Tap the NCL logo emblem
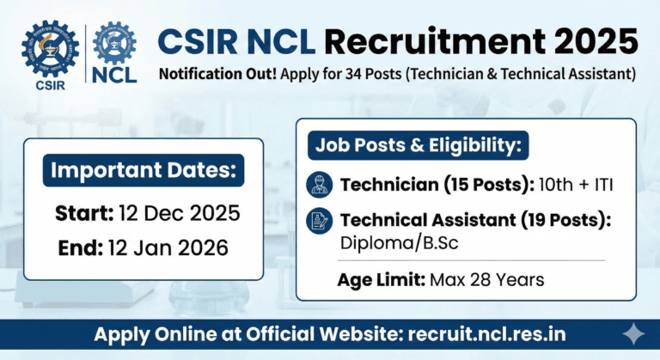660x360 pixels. [x=114, y=44]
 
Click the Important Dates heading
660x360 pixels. [x=144, y=170]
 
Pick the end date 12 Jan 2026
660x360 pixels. [x=168, y=249]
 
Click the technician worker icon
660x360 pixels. [x=319, y=185]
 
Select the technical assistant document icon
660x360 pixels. [x=319, y=221]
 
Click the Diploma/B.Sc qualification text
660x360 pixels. [x=400, y=243]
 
